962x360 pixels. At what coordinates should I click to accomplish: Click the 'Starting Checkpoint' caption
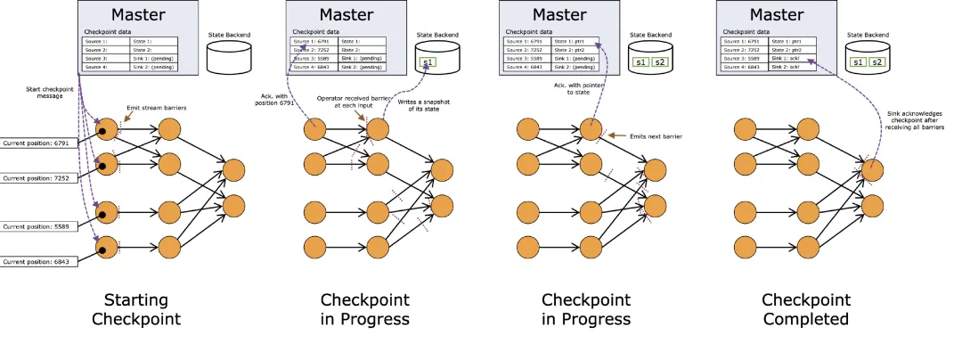click(142, 309)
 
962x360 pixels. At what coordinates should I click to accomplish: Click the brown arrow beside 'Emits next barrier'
click(615, 134)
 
